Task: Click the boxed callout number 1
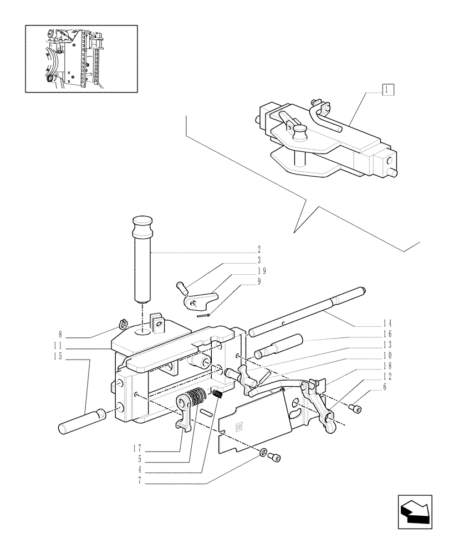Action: (387, 89)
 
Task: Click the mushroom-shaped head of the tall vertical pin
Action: (142, 226)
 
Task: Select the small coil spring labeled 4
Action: (218, 394)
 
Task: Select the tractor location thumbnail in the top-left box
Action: (81, 58)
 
